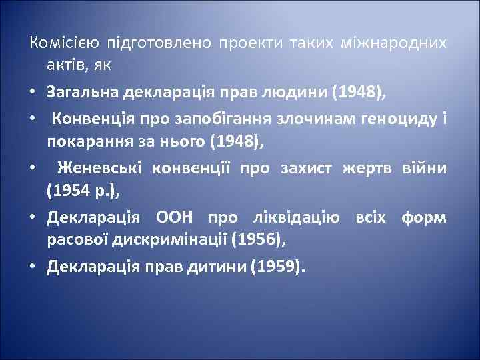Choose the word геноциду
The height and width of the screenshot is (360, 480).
pos(389,119)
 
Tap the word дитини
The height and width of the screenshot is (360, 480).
pos(217,267)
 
